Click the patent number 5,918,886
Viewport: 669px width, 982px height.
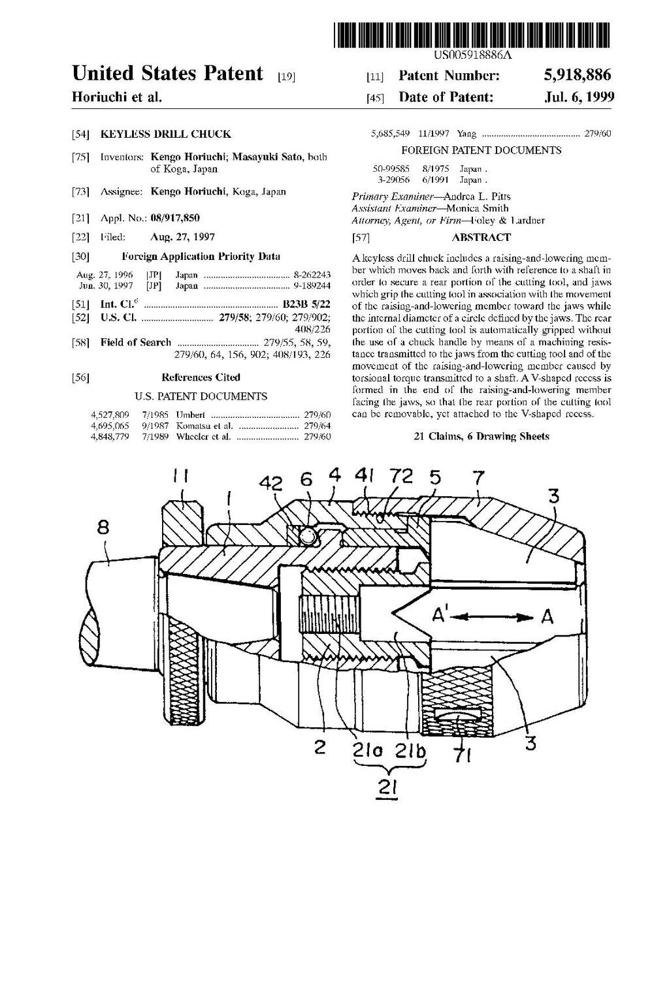(x=578, y=75)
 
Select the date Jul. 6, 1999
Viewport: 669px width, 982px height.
(x=579, y=97)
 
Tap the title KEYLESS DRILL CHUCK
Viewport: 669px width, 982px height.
(x=165, y=134)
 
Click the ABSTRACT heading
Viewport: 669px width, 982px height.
(x=481, y=238)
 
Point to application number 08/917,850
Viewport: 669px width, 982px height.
(x=175, y=218)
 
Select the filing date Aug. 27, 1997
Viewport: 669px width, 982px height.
(x=182, y=237)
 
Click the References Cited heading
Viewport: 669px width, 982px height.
(x=201, y=377)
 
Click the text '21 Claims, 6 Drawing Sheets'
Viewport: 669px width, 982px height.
(x=481, y=436)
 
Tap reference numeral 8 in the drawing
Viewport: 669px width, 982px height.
(x=103, y=527)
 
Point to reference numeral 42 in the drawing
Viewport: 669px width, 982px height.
(x=270, y=484)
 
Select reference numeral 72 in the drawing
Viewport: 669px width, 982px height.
(x=402, y=477)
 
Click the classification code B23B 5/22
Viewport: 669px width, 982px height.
(x=306, y=304)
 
